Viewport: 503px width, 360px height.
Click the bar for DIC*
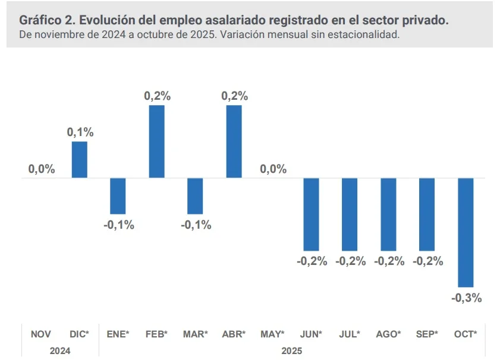point(80,160)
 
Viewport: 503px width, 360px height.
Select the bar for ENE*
point(118,196)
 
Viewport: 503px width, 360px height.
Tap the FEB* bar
point(156,141)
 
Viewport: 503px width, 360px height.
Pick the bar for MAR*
point(195,196)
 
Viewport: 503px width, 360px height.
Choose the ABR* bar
point(234,141)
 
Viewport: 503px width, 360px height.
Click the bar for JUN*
point(311,214)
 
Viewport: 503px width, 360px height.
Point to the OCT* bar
point(466,232)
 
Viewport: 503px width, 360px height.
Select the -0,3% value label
point(467,298)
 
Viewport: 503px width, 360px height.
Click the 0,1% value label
point(80,132)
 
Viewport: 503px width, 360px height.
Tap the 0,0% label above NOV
point(42,169)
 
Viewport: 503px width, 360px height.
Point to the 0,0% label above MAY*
point(273,169)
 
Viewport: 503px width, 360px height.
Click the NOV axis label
point(41,334)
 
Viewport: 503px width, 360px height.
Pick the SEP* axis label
point(427,334)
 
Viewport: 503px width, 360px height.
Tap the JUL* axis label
point(350,334)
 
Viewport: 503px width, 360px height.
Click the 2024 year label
point(60,350)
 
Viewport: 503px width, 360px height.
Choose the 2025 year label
point(291,350)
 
